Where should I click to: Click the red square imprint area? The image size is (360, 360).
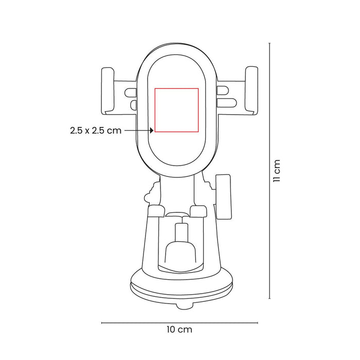155,110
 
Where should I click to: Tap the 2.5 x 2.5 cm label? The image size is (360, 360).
96,131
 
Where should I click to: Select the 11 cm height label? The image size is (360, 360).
277,171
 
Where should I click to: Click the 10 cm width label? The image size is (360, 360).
179,330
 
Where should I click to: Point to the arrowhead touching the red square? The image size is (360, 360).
152,131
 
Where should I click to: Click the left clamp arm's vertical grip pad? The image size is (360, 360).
107,91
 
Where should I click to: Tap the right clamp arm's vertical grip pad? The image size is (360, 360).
251,91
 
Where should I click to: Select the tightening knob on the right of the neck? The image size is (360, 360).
223,197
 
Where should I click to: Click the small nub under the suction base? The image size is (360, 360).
184,307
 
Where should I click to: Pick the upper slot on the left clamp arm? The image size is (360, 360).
131,93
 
